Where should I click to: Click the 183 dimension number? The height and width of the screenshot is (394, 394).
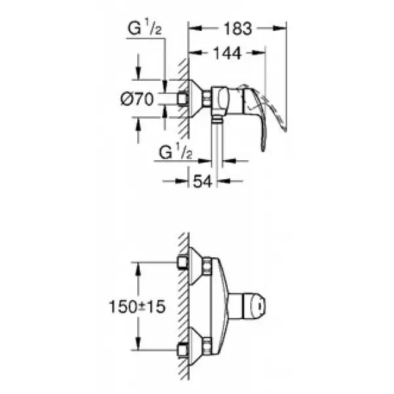(238, 28)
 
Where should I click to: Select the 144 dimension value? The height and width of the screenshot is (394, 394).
(227, 53)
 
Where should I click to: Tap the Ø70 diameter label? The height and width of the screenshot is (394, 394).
(137, 98)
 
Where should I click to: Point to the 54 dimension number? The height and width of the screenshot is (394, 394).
(202, 181)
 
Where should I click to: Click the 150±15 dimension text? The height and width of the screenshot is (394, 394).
(137, 307)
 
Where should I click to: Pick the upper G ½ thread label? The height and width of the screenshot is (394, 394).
(144, 28)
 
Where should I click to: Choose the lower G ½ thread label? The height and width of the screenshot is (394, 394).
(175, 152)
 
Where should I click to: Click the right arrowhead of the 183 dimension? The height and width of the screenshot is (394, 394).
(280, 28)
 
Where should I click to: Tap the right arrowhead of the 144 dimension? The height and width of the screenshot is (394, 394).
(259, 53)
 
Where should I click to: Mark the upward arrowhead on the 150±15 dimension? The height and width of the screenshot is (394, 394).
(138, 269)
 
